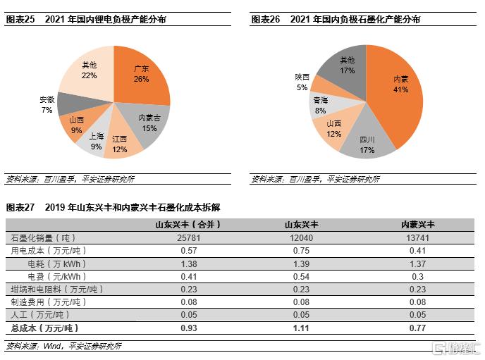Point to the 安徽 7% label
pyautogui.click(x=47, y=104)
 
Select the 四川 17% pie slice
pyautogui.click(x=367, y=144)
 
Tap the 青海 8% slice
pyautogui.click(x=321, y=106)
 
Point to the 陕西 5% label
pyautogui.click(x=302, y=82)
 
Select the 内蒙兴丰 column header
pyautogui.click(x=417, y=224)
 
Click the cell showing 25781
pyautogui.click(x=188, y=237)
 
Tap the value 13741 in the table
pyautogui.click(x=417, y=237)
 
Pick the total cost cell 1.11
pyautogui.click(x=302, y=328)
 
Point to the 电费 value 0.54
pyautogui.click(x=302, y=276)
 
